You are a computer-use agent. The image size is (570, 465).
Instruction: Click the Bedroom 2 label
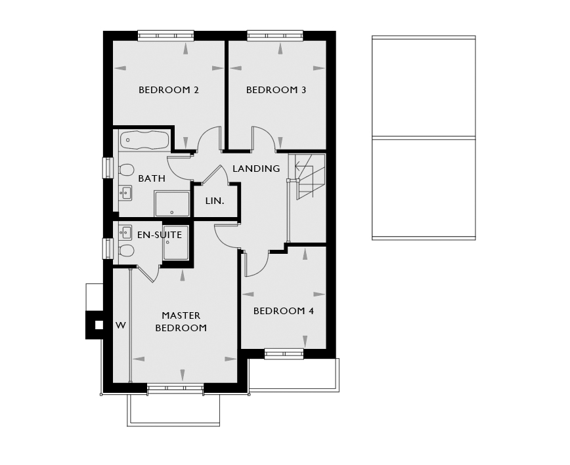169,90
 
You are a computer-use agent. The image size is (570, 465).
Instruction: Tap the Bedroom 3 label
276,90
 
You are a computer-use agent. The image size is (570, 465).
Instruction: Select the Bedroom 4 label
284,311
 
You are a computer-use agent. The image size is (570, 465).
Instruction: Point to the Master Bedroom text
181,321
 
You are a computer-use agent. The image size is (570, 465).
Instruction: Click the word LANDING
256,169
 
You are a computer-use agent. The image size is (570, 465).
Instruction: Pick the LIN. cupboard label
215,201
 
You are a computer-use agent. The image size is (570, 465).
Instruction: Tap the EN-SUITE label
160,235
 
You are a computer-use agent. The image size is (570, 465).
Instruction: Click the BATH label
152,178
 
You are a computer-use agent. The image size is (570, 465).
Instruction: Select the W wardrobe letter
121,325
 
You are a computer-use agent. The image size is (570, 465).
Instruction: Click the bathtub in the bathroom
144,140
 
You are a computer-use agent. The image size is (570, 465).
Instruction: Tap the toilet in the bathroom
126,170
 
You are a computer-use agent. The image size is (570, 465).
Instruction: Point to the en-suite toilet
126,251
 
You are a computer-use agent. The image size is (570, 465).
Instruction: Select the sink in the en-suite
125,232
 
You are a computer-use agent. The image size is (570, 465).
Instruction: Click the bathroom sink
125,193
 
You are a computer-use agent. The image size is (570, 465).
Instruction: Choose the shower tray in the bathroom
172,204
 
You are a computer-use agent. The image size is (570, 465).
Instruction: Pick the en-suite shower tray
176,243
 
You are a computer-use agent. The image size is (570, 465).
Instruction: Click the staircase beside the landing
306,177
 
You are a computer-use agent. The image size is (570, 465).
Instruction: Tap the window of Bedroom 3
275,35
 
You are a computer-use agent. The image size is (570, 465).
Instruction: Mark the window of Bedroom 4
284,354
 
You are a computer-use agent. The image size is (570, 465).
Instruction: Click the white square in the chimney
99,325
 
